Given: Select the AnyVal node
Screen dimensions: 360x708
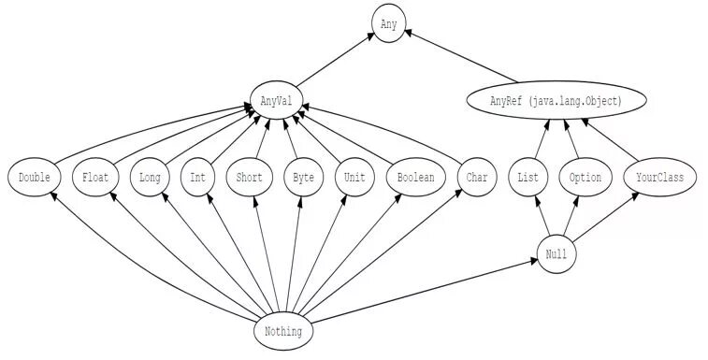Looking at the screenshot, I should (277, 98).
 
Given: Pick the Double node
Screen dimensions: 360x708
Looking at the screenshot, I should (34, 177).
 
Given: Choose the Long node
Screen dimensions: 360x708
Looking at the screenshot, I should (150, 177).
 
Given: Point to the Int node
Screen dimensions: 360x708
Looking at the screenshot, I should (198, 177).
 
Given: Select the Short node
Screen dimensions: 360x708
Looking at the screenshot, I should (249, 177).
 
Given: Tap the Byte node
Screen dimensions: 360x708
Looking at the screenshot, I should (302, 177).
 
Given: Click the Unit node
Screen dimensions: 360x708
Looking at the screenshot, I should (354, 177).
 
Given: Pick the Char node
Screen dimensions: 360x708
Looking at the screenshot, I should (476, 177).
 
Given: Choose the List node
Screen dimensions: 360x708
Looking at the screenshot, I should (527, 177).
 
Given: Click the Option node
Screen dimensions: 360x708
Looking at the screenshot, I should (585, 177).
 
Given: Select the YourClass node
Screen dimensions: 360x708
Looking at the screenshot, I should (659, 177).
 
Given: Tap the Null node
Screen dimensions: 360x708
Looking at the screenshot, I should (556, 254).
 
